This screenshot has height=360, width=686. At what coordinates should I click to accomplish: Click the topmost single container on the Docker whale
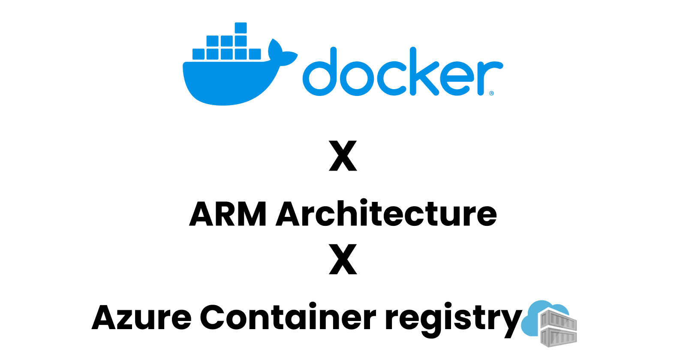point(241,28)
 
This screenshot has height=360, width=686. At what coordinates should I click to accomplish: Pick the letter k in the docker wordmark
point(423,73)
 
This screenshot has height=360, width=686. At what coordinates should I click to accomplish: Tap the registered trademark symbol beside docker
point(491,93)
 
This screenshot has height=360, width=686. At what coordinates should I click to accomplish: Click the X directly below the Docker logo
point(343,156)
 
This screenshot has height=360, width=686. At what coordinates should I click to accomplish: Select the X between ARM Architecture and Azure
point(343,259)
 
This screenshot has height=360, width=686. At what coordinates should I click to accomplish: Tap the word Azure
point(141,318)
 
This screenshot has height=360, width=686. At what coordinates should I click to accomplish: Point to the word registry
point(453,319)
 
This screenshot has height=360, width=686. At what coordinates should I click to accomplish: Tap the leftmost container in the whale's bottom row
point(199,54)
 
